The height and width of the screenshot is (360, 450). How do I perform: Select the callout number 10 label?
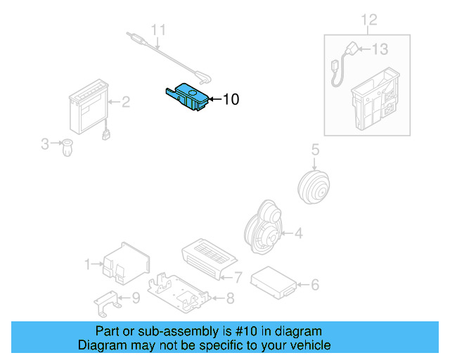click(231, 100)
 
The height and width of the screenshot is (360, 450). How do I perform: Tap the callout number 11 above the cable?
click(160, 30)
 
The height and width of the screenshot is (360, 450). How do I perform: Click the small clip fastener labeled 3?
click(67, 148)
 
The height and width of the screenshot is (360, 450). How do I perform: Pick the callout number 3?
click(45, 144)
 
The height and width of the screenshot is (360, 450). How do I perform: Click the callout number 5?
click(315, 149)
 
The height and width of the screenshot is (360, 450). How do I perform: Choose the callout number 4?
click(298, 233)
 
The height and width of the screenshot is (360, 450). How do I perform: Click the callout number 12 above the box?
click(369, 19)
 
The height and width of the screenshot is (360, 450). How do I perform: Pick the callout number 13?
click(380, 49)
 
